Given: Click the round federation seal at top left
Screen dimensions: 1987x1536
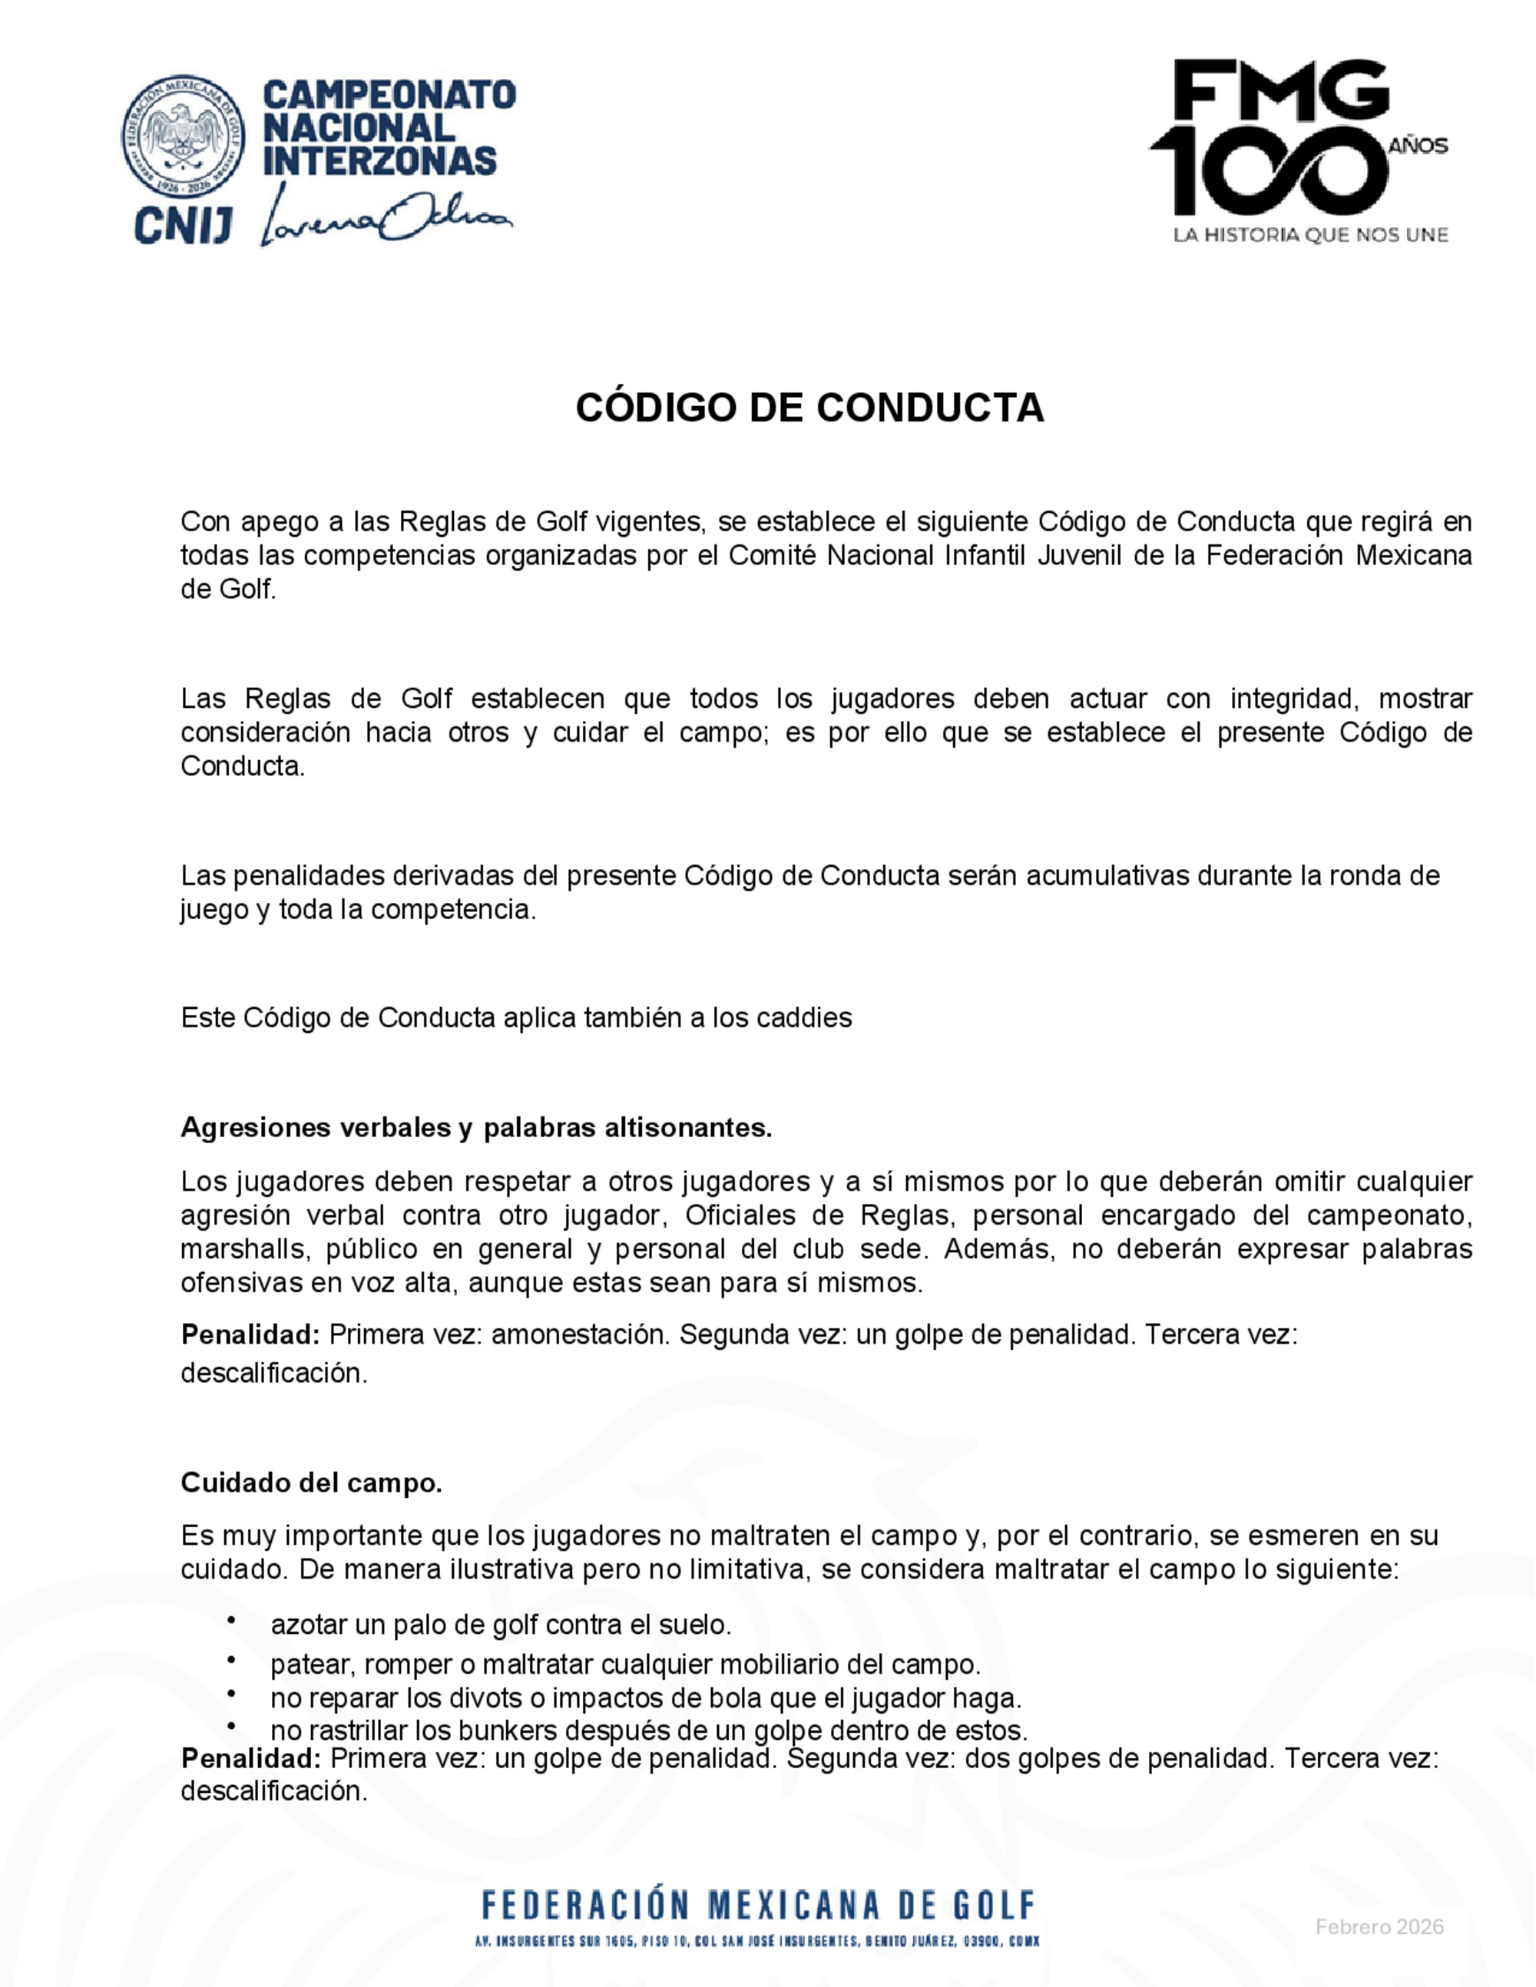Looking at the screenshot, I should point(184,137).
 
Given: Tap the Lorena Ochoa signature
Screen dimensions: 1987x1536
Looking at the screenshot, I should point(387,215).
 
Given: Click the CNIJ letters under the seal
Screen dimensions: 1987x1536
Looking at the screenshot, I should point(184,225).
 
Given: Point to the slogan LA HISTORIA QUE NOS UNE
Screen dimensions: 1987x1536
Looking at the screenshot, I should point(1309,236).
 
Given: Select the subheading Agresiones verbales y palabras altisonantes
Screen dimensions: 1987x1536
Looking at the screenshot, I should point(476,1127).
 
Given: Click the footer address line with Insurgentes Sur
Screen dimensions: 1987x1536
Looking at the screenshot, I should point(757,1942).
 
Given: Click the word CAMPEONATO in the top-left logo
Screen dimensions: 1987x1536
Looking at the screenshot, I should point(389,94).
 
